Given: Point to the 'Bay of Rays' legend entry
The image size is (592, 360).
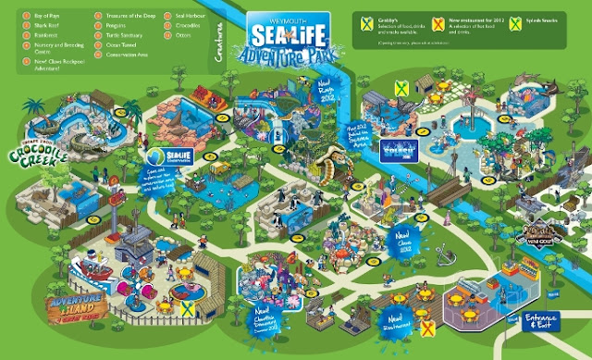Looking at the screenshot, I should [x=32, y=17].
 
